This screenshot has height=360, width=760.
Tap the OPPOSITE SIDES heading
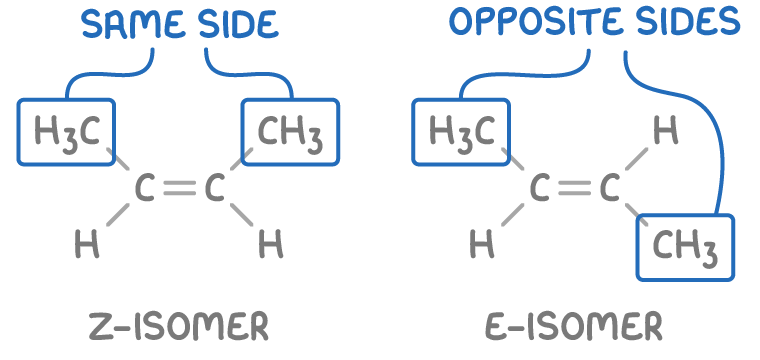point(594,22)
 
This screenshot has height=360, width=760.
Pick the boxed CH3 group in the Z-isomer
point(290,131)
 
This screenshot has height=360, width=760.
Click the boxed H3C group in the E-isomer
point(460,131)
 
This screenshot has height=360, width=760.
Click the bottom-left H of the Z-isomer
point(88,245)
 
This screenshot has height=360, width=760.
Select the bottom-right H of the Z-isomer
point(270,243)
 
